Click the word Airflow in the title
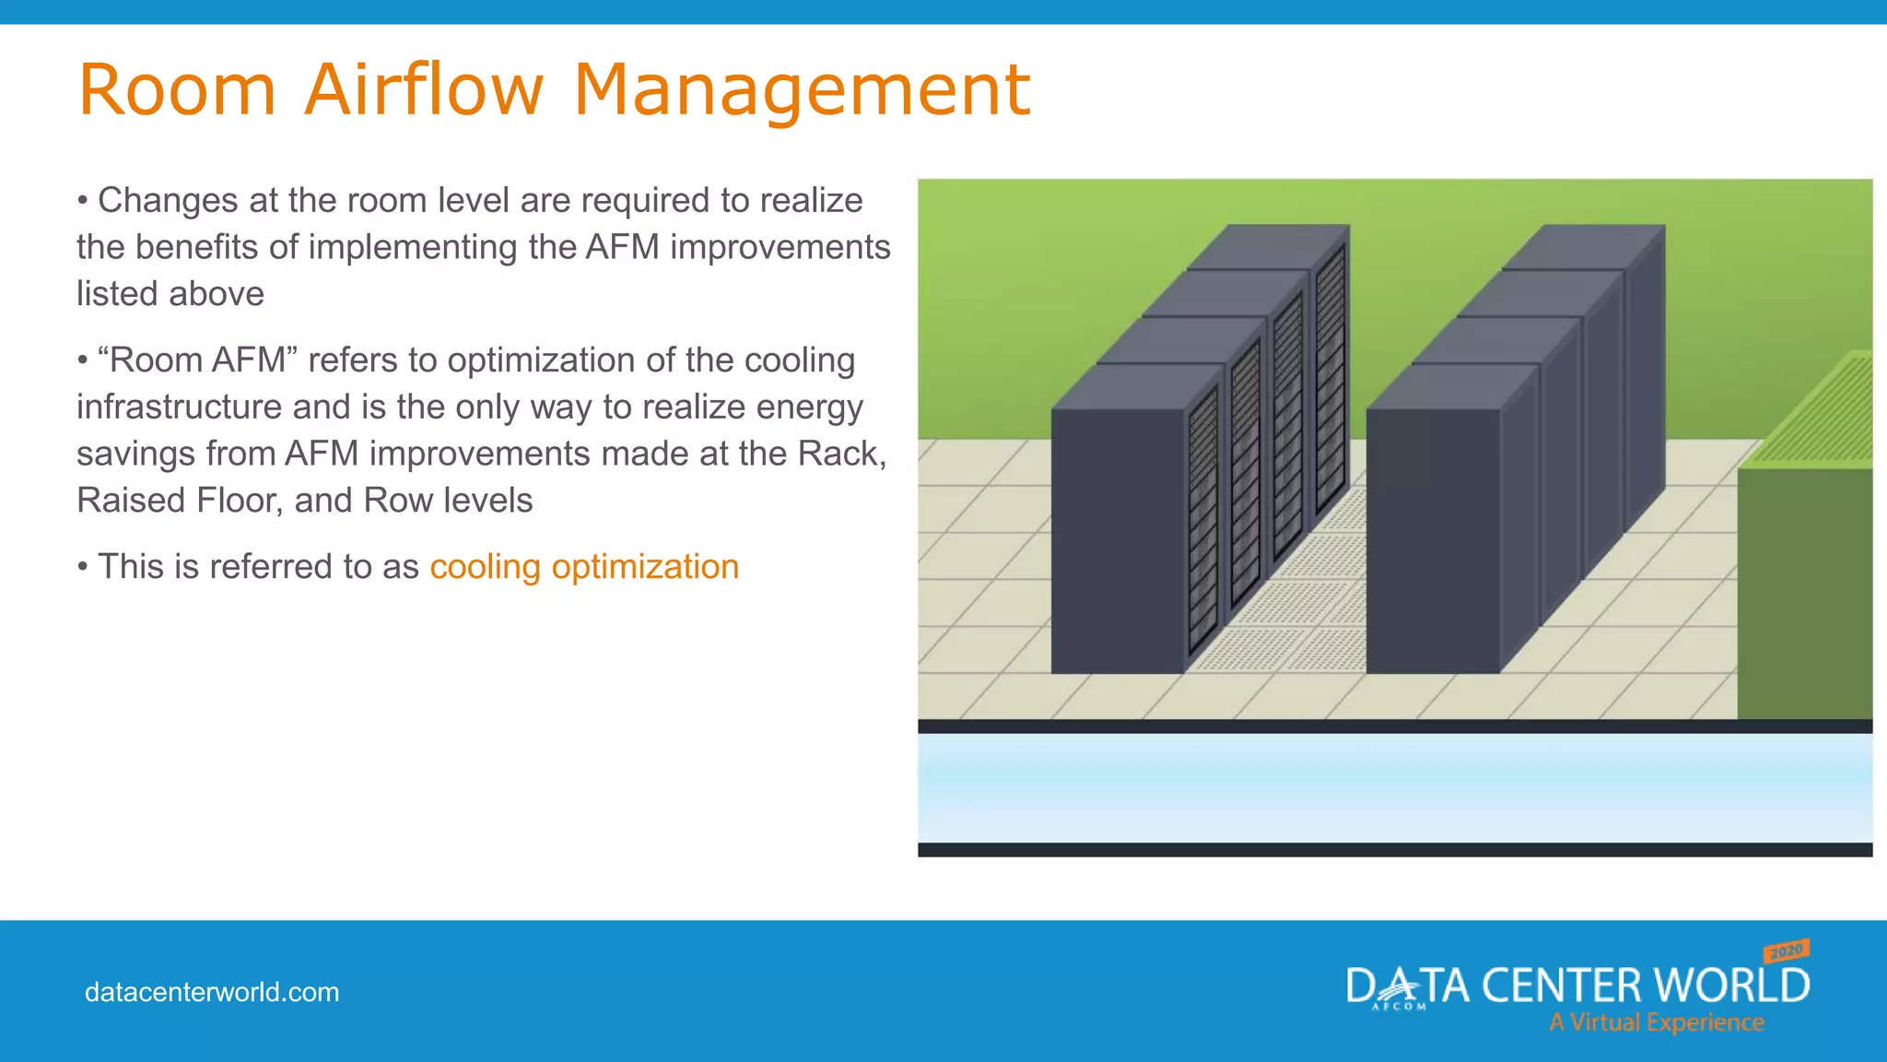pyautogui.click(x=424, y=89)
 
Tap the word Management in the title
pyautogui.click(x=802, y=89)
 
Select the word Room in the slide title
pyautogui.click(x=177, y=89)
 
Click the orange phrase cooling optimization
pyautogui.click(x=584, y=567)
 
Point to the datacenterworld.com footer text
pyautogui.click(x=212, y=993)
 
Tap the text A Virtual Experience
pyautogui.click(x=1656, y=1022)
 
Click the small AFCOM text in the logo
pyautogui.click(x=1399, y=1007)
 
